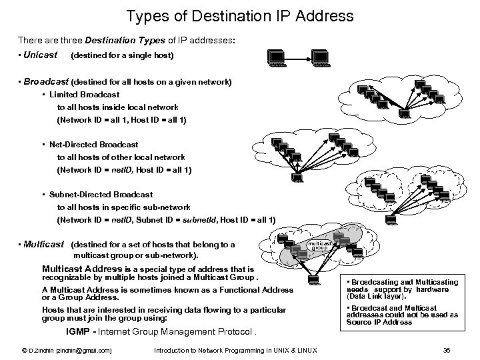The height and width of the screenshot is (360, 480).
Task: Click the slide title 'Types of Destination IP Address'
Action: [x=239, y=15]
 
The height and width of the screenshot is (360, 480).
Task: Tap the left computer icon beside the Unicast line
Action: [x=276, y=59]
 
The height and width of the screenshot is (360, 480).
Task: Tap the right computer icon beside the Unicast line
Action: [x=321, y=59]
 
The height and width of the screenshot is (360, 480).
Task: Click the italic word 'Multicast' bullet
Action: [x=43, y=244]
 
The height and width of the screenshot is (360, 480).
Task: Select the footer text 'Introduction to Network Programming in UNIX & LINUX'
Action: [x=235, y=350]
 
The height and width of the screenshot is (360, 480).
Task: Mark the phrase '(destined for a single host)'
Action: [x=121, y=55]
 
